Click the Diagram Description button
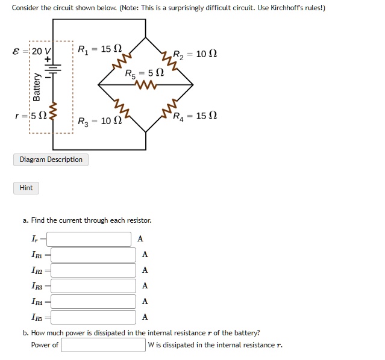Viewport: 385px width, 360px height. click(51, 160)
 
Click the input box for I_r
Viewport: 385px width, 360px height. click(89, 239)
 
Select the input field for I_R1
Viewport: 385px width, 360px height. click(93, 255)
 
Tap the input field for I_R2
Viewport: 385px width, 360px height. click(93, 270)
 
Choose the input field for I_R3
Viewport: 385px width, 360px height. click(93, 286)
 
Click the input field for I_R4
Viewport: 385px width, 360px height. click(93, 302)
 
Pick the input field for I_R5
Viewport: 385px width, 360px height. click(93, 317)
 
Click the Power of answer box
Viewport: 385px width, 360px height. click(103, 345)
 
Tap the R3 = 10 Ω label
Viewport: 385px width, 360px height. click(100, 121)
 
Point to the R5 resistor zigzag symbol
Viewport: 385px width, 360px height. click(145, 85)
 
